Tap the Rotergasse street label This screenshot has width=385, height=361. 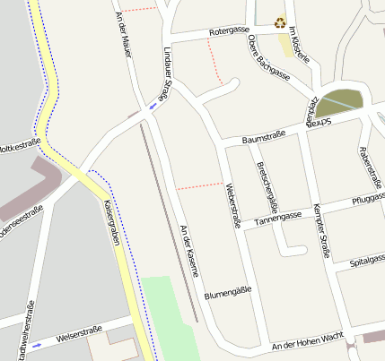(x=228, y=30)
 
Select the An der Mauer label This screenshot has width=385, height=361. (x=124, y=35)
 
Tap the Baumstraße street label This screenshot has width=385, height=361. (x=264, y=135)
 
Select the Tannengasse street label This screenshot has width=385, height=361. (x=278, y=217)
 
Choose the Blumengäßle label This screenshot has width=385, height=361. (x=226, y=292)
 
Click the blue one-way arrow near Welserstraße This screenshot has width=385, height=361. (x=36, y=344)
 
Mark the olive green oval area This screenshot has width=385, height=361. (x=341, y=103)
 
